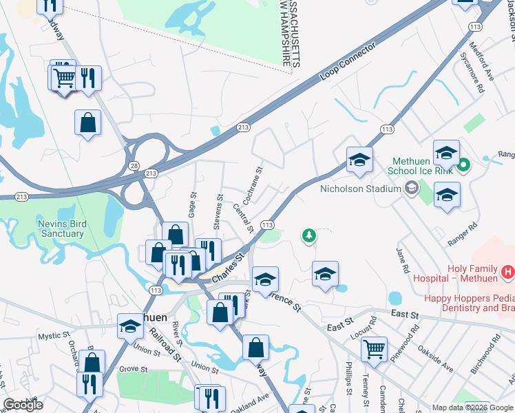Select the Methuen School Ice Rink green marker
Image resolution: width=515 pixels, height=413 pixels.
pos(464,165)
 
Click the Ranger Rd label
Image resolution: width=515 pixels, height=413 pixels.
pos(463,236)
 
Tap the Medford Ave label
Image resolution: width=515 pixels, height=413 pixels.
pos(481,61)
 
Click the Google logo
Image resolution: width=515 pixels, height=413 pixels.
pos(23,405)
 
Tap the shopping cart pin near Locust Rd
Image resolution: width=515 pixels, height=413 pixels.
pos(374,349)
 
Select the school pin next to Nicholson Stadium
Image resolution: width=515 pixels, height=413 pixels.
pos(359,161)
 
